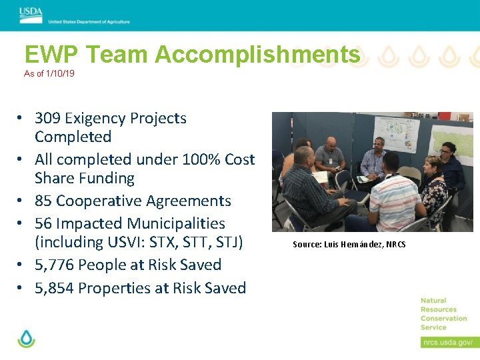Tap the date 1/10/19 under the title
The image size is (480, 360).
click(59, 74)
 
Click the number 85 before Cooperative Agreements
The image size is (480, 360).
click(44, 201)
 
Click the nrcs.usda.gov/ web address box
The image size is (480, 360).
click(447, 342)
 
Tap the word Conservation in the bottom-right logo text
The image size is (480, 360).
click(444, 319)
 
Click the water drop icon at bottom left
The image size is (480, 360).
click(26, 339)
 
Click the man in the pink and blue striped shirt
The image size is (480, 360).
click(392, 200)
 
